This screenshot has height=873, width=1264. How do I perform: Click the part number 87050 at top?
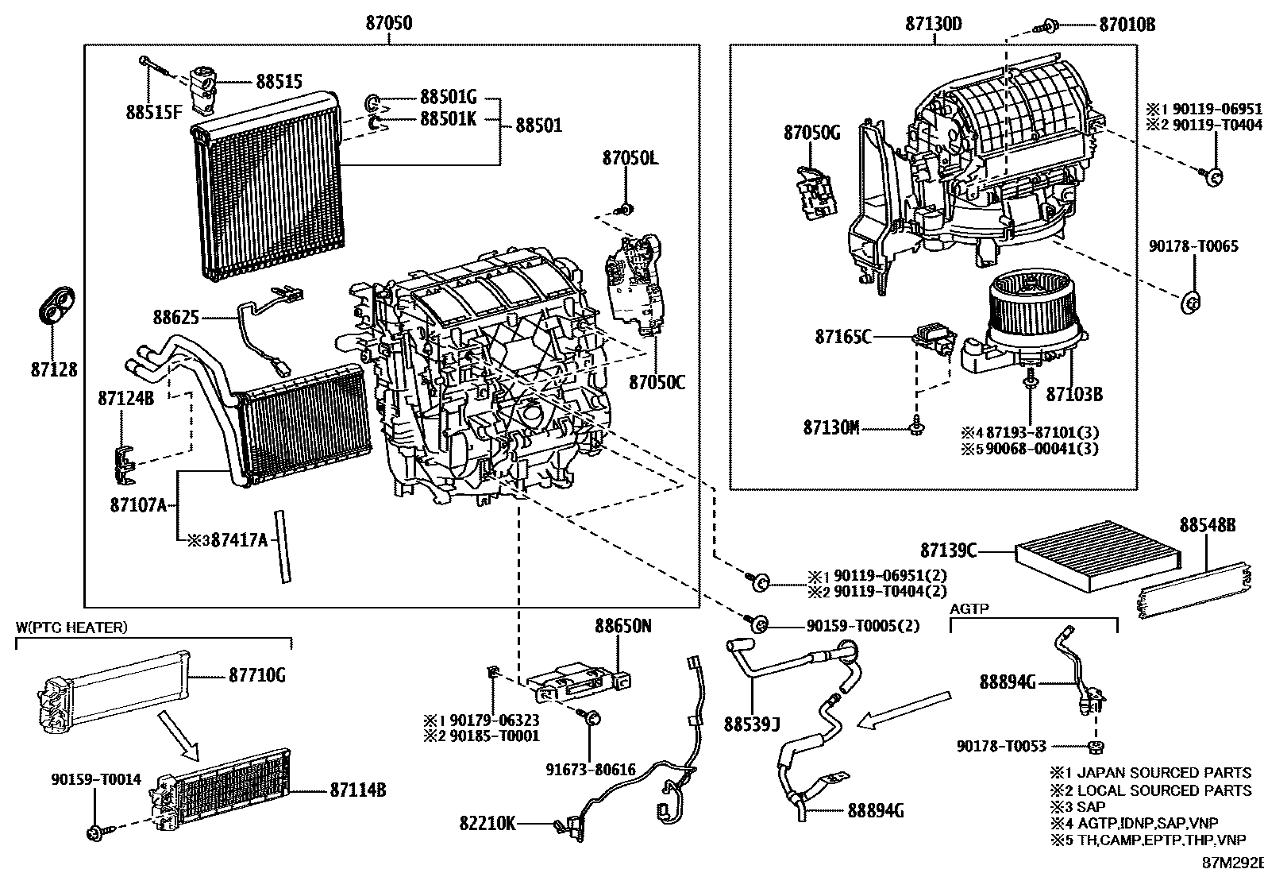(x=388, y=23)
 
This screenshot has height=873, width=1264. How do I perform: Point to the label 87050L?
(x=630, y=158)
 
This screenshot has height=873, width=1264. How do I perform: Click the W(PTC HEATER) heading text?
(x=71, y=628)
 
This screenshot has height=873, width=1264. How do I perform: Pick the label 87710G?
(x=256, y=675)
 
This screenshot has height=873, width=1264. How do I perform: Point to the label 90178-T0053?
(x=1001, y=746)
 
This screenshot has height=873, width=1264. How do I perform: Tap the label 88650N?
(x=623, y=626)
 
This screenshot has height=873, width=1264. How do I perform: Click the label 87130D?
(x=933, y=24)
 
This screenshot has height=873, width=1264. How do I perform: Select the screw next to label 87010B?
(x=1049, y=26)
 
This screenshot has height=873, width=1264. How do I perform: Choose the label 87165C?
(x=842, y=337)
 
